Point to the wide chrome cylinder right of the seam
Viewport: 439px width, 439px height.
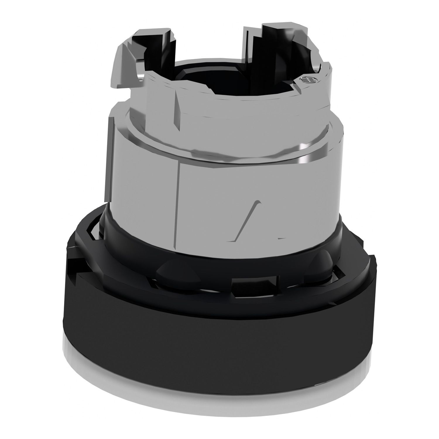click(x=263, y=181)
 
